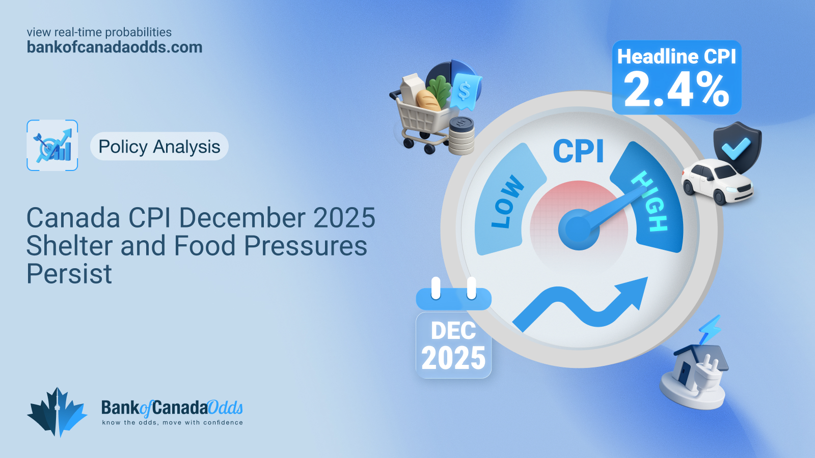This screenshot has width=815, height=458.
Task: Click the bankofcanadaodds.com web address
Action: (115, 47)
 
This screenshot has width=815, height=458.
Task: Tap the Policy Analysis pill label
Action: (159, 146)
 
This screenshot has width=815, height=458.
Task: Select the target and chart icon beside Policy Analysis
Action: (52, 146)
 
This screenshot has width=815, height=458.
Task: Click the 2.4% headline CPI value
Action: (676, 90)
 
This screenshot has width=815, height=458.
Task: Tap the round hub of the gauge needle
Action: (579, 230)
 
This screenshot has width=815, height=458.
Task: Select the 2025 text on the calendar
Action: (454, 358)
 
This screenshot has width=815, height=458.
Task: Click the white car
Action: (717, 181)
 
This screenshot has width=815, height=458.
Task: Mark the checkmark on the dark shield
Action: (736, 148)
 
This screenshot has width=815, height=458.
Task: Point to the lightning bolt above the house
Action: (710, 329)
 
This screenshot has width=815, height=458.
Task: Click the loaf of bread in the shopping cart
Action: (428, 100)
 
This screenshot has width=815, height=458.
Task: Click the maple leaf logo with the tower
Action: (57, 412)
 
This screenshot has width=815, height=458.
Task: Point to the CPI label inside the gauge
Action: (579, 151)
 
